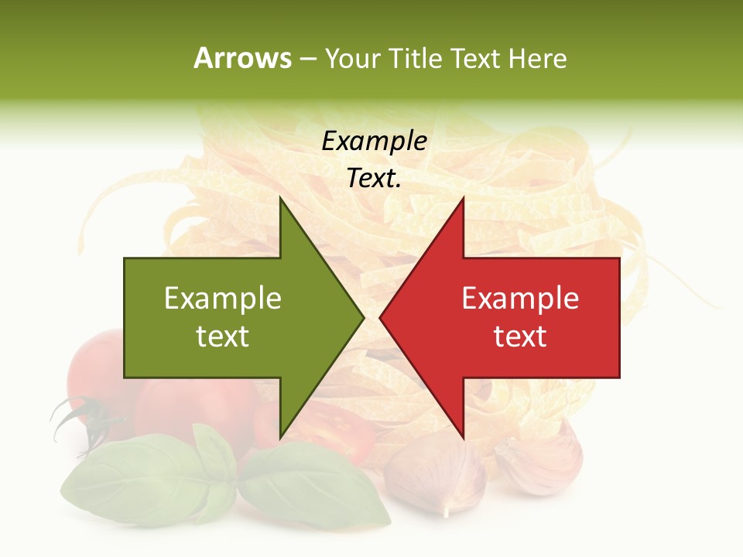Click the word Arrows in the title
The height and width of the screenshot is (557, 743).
click(243, 58)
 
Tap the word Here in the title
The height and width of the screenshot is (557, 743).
click(537, 58)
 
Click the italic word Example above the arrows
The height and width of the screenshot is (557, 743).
click(374, 141)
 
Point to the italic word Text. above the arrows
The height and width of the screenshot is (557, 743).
click(374, 179)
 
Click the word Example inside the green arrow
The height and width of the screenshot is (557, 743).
click(223, 299)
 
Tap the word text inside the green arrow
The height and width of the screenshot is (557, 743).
click(223, 337)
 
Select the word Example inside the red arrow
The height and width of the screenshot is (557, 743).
click(520, 299)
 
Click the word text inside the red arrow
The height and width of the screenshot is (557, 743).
click(520, 337)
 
